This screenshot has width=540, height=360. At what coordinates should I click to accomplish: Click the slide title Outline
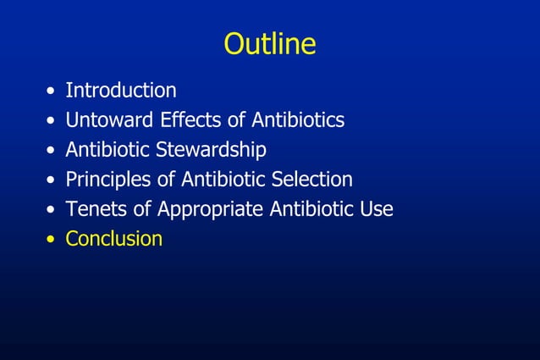pyautogui.click(x=269, y=44)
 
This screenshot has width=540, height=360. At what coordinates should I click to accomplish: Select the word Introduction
pyautogui.click(x=121, y=90)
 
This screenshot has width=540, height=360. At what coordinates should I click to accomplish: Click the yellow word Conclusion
pyautogui.click(x=114, y=239)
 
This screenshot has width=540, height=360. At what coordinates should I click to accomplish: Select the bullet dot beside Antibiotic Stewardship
pyautogui.click(x=53, y=151)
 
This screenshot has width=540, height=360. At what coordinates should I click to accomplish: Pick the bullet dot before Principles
pyautogui.click(x=53, y=180)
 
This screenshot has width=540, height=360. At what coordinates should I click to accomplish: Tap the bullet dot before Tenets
pyautogui.click(x=53, y=210)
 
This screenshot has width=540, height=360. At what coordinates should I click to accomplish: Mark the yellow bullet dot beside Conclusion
pyautogui.click(x=53, y=240)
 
